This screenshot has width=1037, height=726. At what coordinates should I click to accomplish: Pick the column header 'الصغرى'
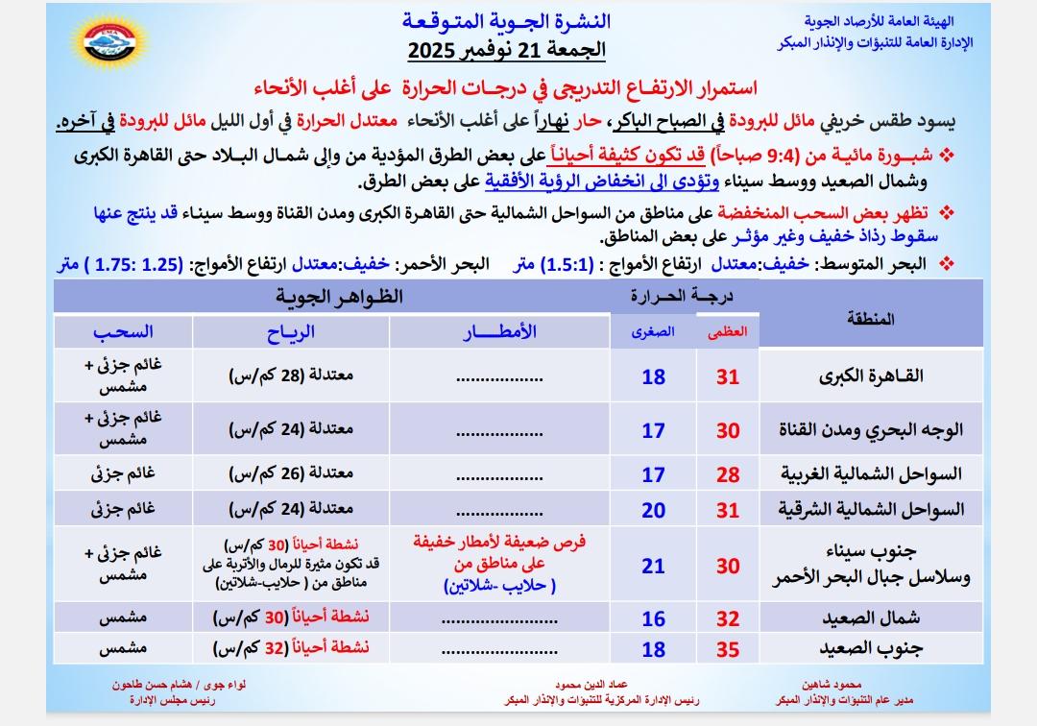point(653,332)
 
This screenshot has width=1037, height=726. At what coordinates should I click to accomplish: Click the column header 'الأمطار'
point(499,332)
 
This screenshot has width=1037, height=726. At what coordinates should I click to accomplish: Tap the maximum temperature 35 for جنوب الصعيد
point(728,649)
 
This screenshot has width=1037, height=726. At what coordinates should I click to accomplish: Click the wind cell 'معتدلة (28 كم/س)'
point(291,375)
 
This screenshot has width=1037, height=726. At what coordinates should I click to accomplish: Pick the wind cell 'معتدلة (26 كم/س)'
point(291,472)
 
